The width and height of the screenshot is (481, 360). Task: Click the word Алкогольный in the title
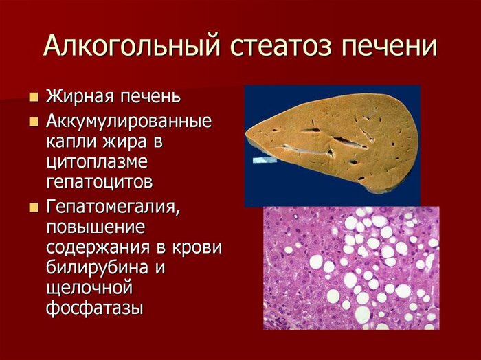[132, 46]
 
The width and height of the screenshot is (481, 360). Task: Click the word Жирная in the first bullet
[80, 96]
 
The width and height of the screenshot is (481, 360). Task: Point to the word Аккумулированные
[129, 122]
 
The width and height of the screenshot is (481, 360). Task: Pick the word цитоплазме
[97, 162]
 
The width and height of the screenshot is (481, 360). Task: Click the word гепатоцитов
[100, 182]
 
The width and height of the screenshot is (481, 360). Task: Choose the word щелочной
[89, 288]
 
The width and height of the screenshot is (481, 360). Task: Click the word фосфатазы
[95, 308]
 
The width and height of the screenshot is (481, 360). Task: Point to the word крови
[197, 247]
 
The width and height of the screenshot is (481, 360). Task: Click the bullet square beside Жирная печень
[34, 97]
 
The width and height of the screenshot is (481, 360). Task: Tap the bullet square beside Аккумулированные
[34, 122]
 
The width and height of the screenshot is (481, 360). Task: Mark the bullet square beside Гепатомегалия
[34, 208]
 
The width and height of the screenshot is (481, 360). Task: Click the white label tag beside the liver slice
[265, 160]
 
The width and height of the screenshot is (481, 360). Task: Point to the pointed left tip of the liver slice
[246, 134]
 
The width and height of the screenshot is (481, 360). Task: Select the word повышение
[96, 227]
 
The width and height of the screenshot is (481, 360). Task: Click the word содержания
[99, 247]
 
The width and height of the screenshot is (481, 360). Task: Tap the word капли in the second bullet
[71, 142]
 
